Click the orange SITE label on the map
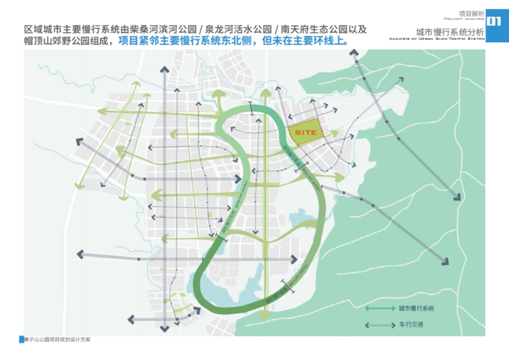coord(305,133)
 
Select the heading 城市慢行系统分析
coord(450,32)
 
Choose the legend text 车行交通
coord(411,325)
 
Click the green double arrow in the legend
coord(380,309)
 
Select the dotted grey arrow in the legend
coord(380,326)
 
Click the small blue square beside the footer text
coord(22,340)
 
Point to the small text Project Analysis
coord(464,19)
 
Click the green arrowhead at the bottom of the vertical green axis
coord(266,315)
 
